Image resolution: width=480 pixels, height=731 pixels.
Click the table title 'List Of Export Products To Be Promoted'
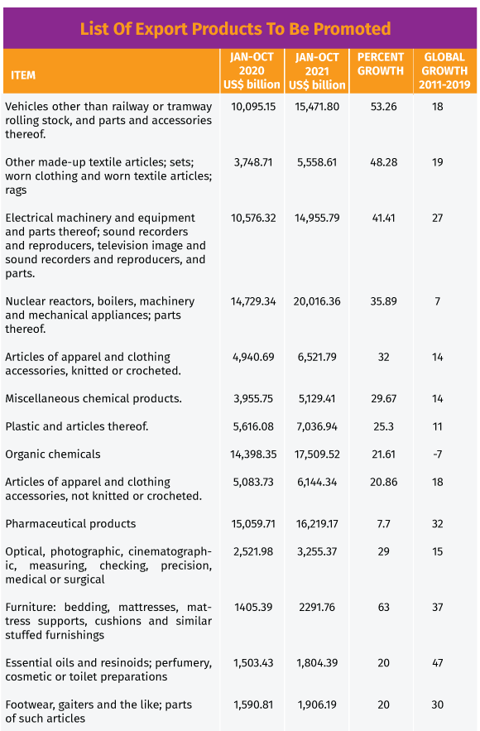pos(235,29)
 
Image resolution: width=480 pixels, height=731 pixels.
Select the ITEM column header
pos(23,75)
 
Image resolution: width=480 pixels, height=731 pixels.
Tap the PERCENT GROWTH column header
pos(381,64)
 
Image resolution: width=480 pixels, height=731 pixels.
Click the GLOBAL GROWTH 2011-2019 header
pos(444,71)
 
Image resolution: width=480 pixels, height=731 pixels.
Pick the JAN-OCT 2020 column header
pos(252,71)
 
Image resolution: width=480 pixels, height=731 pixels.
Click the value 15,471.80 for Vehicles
pos(317,107)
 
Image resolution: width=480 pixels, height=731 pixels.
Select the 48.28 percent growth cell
pos(383,162)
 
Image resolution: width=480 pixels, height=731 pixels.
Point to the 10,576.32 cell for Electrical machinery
pos(253,219)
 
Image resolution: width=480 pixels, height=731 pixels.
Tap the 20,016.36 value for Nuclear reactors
pos(317,301)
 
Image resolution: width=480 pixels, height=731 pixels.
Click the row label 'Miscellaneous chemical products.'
pos(94,398)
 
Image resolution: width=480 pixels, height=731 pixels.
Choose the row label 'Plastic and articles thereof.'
pos(77,426)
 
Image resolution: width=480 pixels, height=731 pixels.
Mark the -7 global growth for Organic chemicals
pos(437,454)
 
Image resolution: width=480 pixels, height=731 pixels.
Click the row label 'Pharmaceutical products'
pos(70,524)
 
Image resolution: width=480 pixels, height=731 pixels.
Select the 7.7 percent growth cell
pos(383,524)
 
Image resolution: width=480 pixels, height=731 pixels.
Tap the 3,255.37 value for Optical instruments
pos(317,551)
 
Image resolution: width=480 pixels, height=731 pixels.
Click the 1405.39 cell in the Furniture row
pos(253,608)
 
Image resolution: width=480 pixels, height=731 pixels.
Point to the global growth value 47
pos(437,663)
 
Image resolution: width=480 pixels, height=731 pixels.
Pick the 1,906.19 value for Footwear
pos(317,705)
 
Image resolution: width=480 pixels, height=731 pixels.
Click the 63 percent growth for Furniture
pos(383,608)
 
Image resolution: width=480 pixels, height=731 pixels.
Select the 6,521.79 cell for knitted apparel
pos(317,357)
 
